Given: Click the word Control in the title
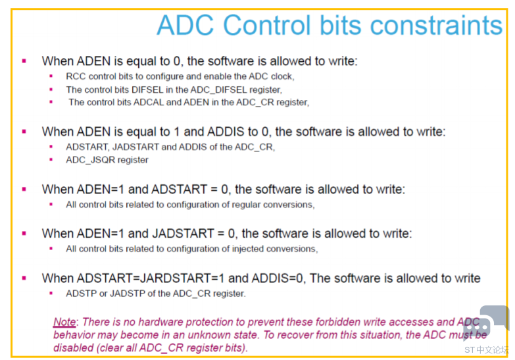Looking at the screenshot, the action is point(266,25).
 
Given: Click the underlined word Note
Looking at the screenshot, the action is point(64,322).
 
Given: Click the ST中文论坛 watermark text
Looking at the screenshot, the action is point(486,350).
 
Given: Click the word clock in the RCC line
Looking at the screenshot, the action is point(282,76).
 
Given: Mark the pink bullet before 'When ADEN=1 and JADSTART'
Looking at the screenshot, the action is point(24,234).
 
